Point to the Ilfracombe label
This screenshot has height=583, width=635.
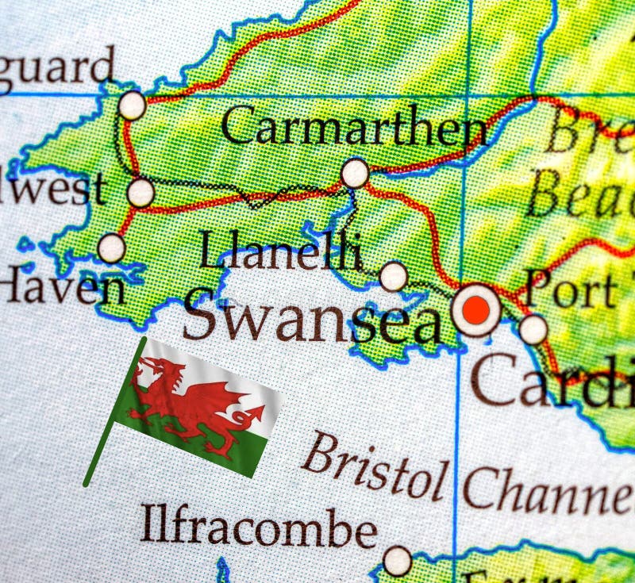258,525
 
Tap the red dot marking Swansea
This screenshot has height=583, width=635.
477,310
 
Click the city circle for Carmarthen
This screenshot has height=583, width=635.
355,172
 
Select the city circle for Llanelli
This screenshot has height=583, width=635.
393,277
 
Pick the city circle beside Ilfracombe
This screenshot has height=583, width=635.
397,561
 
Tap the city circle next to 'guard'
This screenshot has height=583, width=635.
133,105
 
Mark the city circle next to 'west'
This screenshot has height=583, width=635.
140,193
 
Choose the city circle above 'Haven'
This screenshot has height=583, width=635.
111,248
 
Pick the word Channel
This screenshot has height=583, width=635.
548,489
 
